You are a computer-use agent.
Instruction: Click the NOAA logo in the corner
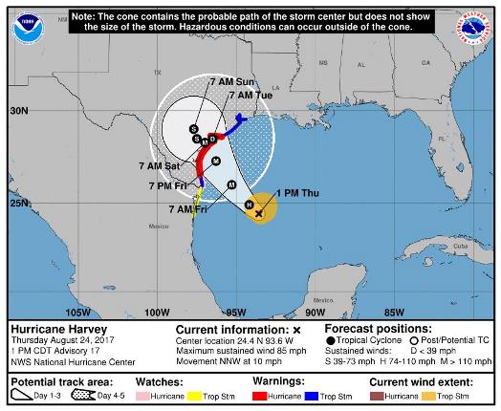pos(26,29)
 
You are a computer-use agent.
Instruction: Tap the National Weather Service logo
pos(474,28)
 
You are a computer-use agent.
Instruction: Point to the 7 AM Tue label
pos(256,95)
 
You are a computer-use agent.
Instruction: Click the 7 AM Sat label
pos(160,165)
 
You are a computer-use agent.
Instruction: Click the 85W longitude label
pos(392,312)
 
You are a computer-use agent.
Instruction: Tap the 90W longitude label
pos(313,312)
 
